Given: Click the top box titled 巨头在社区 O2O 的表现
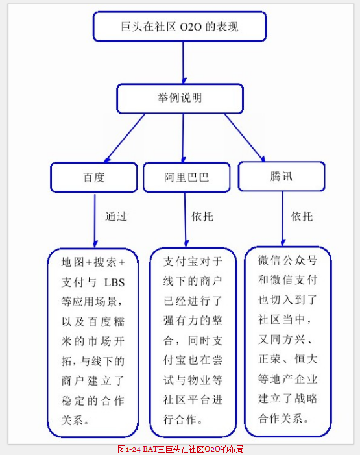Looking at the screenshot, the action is click(x=180, y=27).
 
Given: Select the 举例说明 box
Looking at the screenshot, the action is click(x=180, y=99).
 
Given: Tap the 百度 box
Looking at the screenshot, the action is click(x=93, y=177).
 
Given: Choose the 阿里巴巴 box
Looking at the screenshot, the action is click(x=187, y=177).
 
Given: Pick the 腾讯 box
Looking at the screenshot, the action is click(x=282, y=177).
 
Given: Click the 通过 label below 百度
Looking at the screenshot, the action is click(x=116, y=217).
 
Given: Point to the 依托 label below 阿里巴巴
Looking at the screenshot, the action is click(x=202, y=217).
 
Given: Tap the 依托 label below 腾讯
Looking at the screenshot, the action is click(x=302, y=217).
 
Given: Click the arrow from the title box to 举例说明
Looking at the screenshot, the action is click(x=184, y=63).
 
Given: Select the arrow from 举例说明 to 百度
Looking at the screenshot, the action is click(x=124, y=138).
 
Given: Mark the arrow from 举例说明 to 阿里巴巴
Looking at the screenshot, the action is click(x=183, y=138).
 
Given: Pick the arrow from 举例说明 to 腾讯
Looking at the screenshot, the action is click(x=245, y=138).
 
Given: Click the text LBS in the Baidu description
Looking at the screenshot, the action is click(x=114, y=282).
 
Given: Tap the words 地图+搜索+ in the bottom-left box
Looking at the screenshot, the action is click(x=93, y=262).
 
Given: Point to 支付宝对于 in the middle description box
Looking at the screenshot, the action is click(x=193, y=262).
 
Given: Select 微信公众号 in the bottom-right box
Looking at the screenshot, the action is click(x=287, y=260).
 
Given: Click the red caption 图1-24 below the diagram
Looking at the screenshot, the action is click(x=129, y=449).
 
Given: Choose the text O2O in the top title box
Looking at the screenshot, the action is click(x=191, y=27).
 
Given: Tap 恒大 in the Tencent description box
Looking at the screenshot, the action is click(x=306, y=359).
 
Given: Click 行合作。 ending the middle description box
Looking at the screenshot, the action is click(x=183, y=419).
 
